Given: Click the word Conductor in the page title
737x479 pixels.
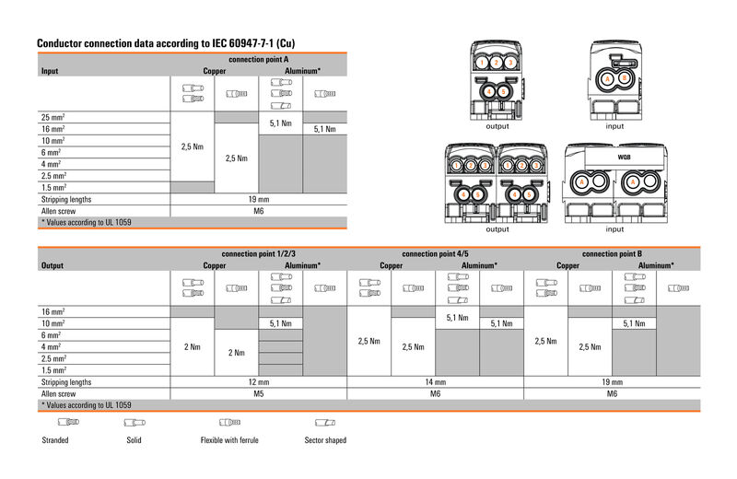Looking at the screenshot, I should (61, 43).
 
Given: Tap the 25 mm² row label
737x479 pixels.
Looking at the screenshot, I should (53, 117).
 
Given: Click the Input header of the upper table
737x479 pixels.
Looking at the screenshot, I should (50, 70).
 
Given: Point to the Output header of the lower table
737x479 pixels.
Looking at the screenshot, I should (53, 265).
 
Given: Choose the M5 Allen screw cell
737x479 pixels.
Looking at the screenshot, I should (259, 393).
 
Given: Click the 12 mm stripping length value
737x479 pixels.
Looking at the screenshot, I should (259, 381).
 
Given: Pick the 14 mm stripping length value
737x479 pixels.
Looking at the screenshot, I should (435, 381).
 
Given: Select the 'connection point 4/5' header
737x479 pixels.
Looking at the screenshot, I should (435, 253).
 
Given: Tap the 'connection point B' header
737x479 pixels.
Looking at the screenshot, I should (612, 253).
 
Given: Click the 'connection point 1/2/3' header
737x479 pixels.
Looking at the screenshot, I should (259, 253).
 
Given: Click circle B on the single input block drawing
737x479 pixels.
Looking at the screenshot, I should (626, 79).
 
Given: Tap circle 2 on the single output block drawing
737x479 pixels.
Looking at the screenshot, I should (497, 64).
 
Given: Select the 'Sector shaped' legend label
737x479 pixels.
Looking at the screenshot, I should (325, 440).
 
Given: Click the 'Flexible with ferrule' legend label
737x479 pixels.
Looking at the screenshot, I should (229, 440).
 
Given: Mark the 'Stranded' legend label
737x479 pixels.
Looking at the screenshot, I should (55, 440).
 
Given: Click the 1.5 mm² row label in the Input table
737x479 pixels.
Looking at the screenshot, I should (53, 186).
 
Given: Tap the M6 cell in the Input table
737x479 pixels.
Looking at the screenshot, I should (259, 211).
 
